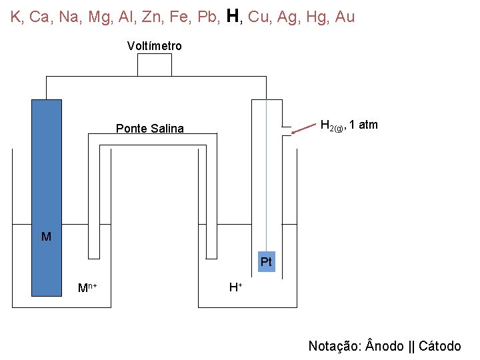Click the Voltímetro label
tap(154, 46)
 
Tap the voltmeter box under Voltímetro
tap(154, 65)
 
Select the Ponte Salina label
tap(149, 129)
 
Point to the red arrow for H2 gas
tap(304, 128)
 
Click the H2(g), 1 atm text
tap(349, 125)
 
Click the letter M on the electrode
tap(46, 237)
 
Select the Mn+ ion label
tap(87, 288)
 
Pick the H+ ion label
tap(235, 287)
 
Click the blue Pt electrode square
tap(266, 262)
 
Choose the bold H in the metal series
tap(233, 16)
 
